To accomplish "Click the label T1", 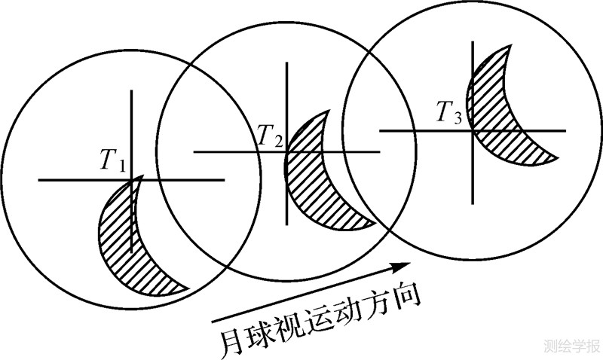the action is click(x=113, y=160).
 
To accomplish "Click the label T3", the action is click(x=449, y=113).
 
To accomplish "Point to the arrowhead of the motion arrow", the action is click(x=404, y=267).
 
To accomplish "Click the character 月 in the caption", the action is click(x=231, y=340).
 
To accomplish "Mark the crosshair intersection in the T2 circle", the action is click(x=286, y=152).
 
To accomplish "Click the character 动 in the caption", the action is click(x=347, y=314).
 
